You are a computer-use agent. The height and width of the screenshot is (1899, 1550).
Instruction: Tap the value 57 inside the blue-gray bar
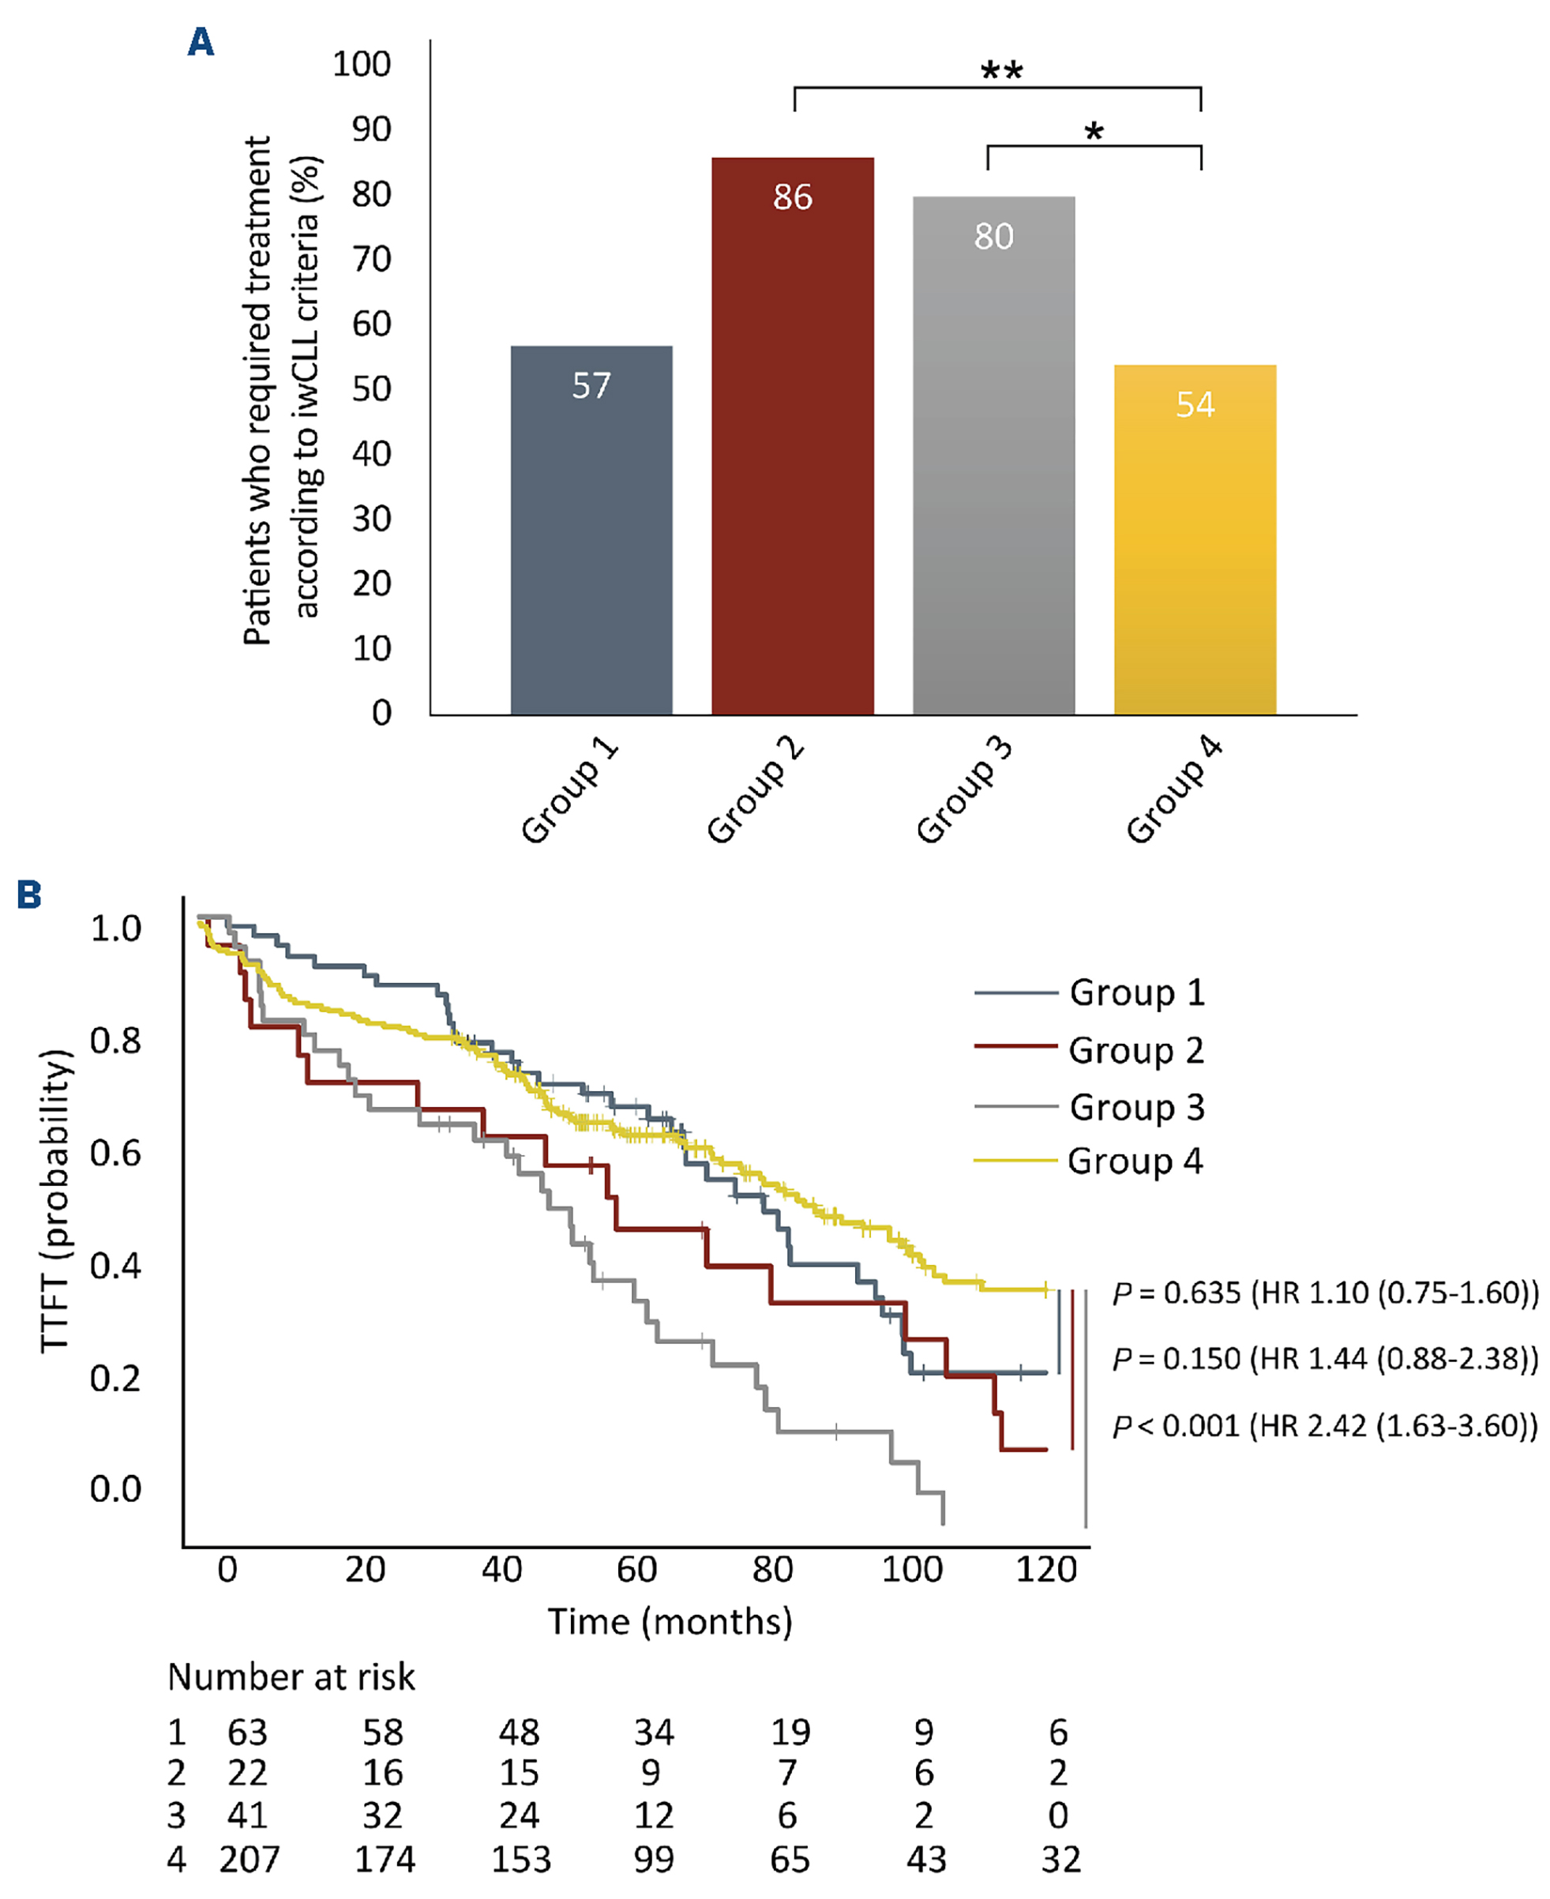(591, 385)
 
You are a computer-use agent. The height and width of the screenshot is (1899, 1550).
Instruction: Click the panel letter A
(201, 42)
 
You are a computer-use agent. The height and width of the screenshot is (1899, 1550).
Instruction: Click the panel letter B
(29, 895)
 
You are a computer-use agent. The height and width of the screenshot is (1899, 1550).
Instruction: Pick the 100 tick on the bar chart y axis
(362, 64)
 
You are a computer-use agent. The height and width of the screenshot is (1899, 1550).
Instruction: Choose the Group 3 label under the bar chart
(964, 791)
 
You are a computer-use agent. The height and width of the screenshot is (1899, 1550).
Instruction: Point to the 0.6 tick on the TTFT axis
(115, 1153)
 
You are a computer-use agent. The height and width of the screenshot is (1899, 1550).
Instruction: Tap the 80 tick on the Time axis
(772, 1569)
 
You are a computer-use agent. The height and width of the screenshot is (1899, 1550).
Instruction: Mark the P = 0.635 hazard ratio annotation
(1325, 1292)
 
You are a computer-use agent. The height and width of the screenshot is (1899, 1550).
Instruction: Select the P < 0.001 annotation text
(1325, 1426)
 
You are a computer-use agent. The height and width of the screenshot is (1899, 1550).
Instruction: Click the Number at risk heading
(291, 1678)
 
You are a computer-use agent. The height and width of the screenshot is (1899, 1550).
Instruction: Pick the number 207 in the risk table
(249, 1860)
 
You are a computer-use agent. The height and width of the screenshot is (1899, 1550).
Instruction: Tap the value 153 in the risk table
(520, 1860)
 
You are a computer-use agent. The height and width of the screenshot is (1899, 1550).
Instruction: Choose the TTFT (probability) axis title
(55, 1201)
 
